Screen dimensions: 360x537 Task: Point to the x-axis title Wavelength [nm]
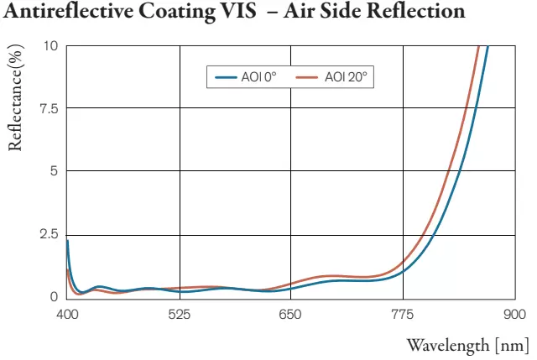pyautogui.click(x=467, y=345)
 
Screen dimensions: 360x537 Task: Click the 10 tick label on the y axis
pyautogui.click(x=50, y=45)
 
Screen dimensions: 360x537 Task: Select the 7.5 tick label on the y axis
pyautogui.click(x=48, y=108)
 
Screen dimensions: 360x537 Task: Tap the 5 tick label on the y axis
pyautogui.click(x=54, y=171)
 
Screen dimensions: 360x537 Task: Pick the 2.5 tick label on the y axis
pyautogui.click(x=48, y=234)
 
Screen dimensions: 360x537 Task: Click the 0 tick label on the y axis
pyautogui.click(x=54, y=297)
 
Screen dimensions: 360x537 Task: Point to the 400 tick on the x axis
pyautogui.click(x=67, y=314)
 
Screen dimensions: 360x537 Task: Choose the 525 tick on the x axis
pyautogui.click(x=180, y=314)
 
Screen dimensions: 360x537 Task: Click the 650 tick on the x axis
pyautogui.click(x=290, y=314)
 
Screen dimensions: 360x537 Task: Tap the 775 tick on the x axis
pyautogui.click(x=403, y=314)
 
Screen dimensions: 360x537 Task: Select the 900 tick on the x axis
pyautogui.click(x=514, y=314)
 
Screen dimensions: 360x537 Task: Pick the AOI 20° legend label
pyautogui.click(x=347, y=77)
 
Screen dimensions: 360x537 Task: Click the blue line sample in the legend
pyautogui.click(x=227, y=77)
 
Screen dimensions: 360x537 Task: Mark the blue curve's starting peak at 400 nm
pyautogui.click(x=67, y=241)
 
